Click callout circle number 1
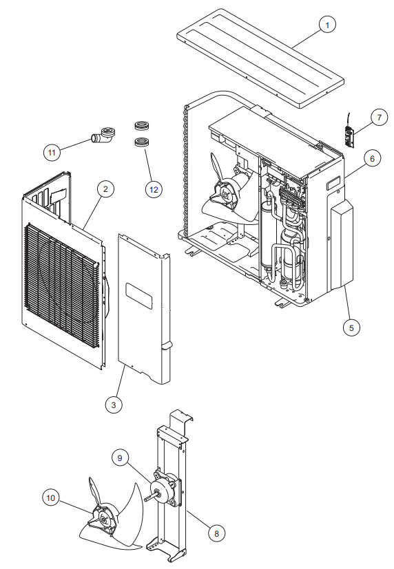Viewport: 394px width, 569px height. coord(327,25)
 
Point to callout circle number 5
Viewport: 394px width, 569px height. coord(351,328)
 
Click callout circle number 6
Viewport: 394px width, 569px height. coord(371,159)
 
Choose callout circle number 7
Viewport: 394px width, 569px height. coord(380,118)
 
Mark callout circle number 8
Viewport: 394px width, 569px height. coord(216,533)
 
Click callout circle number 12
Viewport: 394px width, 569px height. coord(154,188)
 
